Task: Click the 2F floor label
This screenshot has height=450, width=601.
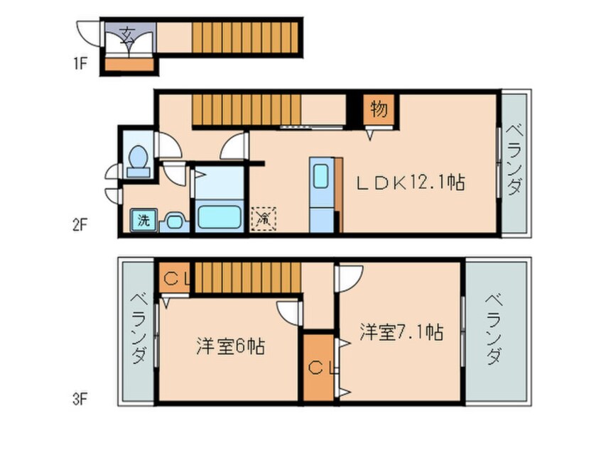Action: coord(79,226)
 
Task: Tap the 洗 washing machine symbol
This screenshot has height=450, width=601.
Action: coord(143,220)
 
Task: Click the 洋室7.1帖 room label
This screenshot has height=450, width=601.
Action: coord(401,331)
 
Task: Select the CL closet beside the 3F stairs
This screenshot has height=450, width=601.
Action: coord(173,279)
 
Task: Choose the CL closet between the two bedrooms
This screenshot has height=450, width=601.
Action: coord(317,368)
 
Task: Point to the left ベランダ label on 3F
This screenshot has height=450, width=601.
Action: coord(139,328)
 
